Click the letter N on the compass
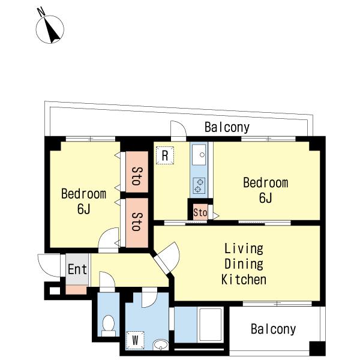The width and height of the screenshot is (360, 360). (41, 12)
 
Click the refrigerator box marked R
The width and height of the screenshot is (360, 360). (165, 155)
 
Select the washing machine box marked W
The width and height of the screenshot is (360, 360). (135, 340)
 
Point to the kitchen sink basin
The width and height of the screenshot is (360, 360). (199, 155)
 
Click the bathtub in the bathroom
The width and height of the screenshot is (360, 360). (211, 325)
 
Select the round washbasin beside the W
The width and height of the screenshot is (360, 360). (161, 344)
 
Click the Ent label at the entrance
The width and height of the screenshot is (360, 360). (77, 269)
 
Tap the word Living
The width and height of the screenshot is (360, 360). (244, 248)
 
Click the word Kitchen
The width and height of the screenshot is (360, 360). (244, 280)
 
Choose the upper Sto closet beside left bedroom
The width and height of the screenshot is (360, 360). (137, 172)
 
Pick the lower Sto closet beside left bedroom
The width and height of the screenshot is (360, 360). (137, 223)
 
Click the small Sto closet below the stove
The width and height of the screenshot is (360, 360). (200, 212)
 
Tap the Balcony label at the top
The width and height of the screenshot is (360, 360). (227, 127)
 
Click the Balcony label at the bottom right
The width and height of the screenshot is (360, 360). (273, 329)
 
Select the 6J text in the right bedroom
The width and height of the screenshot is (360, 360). (265, 197)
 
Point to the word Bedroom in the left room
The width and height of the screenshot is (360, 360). (83, 194)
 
